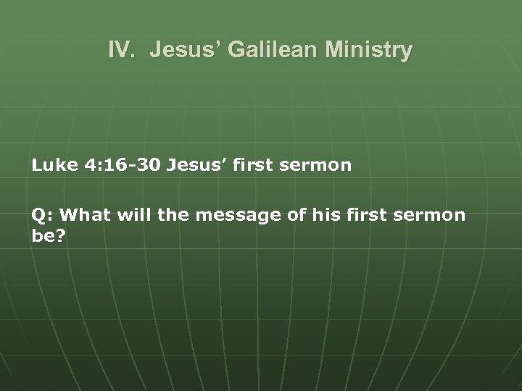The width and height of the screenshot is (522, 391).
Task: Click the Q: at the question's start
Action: point(41,215)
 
